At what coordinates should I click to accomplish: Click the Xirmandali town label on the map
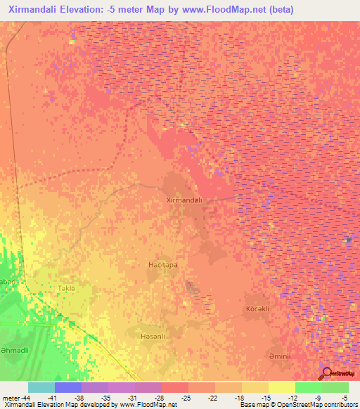point(184,200)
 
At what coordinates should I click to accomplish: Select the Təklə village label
point(64,289)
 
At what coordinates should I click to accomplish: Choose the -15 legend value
point(265,398)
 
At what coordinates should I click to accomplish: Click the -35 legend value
point(105,398)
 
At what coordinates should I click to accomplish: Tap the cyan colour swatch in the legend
point(41,387)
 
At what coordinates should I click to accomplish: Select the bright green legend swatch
point(308,387)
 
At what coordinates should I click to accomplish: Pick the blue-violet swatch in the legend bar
point(67,387)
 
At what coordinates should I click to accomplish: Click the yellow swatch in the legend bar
point(281,387)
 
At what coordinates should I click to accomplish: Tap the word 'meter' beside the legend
point(10,398)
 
